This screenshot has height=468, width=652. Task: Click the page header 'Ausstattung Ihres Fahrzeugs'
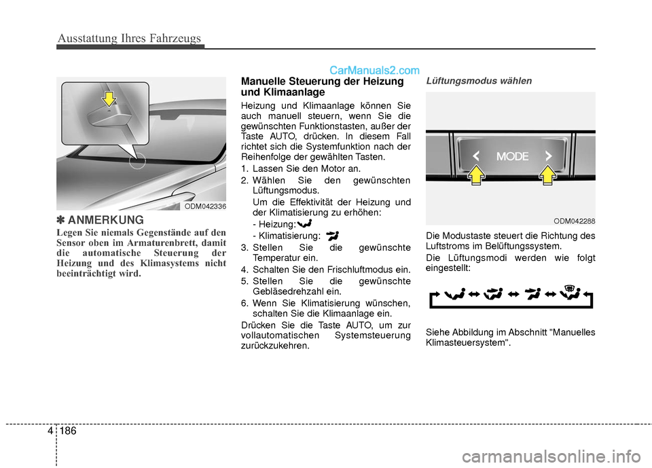[129, 38]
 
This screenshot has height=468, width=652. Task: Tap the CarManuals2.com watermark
[374, 69]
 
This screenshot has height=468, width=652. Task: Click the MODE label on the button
[511, 156]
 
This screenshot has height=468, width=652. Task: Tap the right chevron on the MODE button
[547, 157]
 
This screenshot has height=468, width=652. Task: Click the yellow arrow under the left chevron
[477, 177]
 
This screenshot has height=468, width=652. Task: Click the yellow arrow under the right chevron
[547, 177]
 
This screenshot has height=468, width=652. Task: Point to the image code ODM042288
[575, 220]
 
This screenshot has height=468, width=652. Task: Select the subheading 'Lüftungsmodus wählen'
[469, 80]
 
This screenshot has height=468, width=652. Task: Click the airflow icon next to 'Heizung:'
[305, 223]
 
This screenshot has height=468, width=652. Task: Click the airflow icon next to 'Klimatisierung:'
[333, 235]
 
